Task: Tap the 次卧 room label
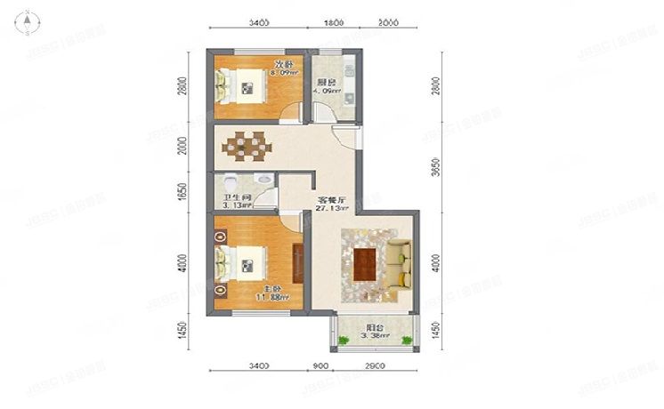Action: tap(283, 64)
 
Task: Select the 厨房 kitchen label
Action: tap(327, 82)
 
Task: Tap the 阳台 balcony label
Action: tap(376, 327)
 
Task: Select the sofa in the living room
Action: tap(399, 264)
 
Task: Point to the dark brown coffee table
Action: tap(365, 264)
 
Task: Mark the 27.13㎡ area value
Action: tap(331, 210)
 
